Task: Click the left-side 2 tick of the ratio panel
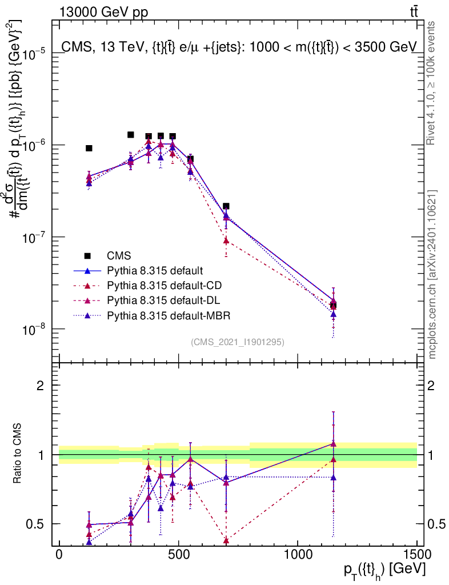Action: (41, 386)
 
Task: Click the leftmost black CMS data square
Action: (89, 148)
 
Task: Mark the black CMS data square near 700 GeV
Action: (226, 206)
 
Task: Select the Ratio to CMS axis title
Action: (18, 455)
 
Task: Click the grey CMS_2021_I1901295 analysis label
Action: (238, 342)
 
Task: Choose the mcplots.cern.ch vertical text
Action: (432, 274)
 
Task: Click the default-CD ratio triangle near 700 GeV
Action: (226, 540)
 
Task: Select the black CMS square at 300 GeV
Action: (131, 135)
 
